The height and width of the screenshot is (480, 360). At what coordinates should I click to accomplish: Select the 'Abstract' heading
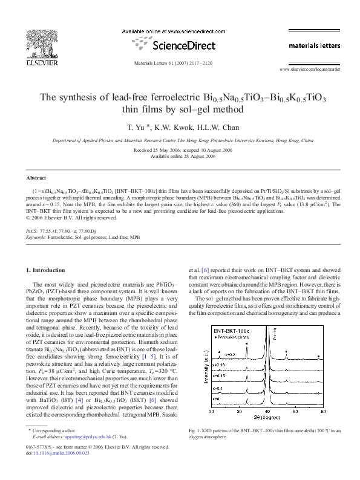(36, 178)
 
